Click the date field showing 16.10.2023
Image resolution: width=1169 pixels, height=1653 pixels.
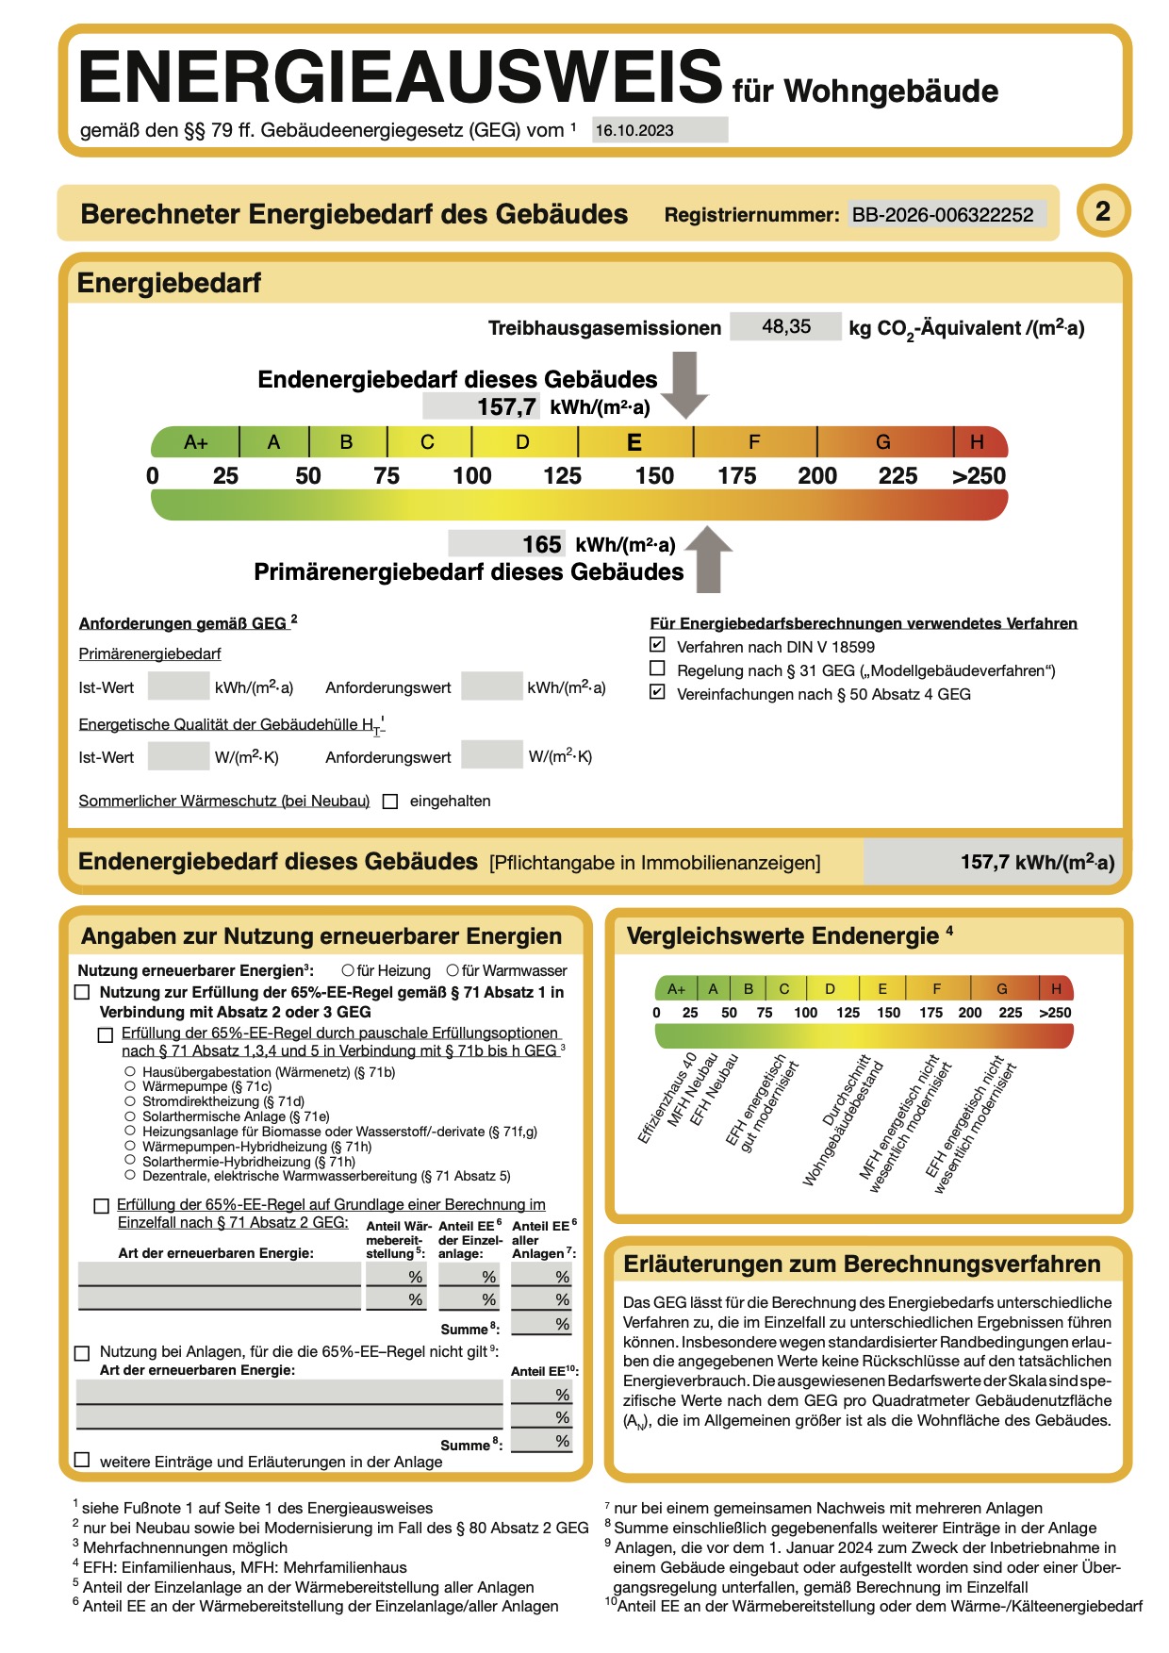(659, 130)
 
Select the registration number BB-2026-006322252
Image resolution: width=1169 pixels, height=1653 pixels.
(943, 215)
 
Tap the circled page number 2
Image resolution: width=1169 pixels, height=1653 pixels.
(1102, 210)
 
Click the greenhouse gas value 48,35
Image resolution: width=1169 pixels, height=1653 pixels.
(785, 326)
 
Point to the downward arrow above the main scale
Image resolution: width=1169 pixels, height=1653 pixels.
(685, 383)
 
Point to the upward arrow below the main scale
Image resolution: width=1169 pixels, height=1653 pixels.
(708, 560)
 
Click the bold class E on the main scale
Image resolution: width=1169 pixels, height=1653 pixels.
(634, 442)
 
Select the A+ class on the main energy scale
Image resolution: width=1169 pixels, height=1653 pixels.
(196, 442)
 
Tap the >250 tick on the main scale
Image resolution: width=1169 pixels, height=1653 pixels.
(980, 476)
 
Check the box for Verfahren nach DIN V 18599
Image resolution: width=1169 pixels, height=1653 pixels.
(658, 646)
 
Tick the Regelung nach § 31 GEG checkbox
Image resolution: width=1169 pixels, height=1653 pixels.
(658, 669)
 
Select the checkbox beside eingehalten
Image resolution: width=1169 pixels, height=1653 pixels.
(390, 802)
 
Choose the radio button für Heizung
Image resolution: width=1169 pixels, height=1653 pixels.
(348, 970)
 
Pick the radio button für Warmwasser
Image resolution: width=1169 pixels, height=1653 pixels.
(453, 970)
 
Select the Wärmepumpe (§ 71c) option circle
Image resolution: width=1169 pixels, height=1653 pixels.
(130, 1086)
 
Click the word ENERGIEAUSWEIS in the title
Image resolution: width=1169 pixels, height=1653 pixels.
(400, 77)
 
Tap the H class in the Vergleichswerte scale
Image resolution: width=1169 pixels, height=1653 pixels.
(1056, 988)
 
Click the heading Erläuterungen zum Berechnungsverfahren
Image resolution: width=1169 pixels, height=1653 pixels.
(863, 1265)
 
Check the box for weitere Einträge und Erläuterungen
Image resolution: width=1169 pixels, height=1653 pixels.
(83, 1461)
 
